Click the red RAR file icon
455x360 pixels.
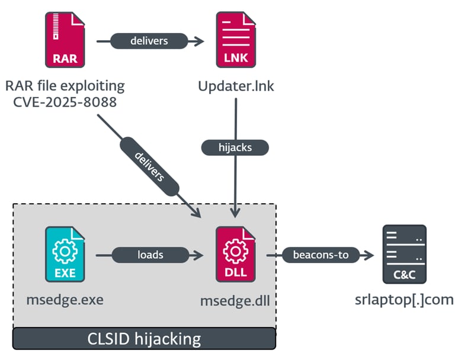click(x=65, y=40)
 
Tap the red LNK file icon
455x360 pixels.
click(x=236, y=40)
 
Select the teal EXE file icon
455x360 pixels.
click(x=65, y=254)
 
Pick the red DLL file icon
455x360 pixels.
click(x=236, y=254)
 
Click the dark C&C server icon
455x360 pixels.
click(x=405, y=254)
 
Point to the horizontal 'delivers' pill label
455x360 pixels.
click(x=149, y=41)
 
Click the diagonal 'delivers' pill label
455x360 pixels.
click(x=149, y=166)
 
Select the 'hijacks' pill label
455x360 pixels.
click(x=235, y=147)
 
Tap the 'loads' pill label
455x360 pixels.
click(x=150, y=255)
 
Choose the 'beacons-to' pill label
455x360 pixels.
click(x=321, y=255)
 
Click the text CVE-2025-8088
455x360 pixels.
click(x=65, y=102)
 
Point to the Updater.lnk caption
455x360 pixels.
click(x=236, y=86)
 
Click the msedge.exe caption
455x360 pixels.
click(x=65, y=300)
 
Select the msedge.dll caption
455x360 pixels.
click(x=235, y=301)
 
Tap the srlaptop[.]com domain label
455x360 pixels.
click(x=404, y=300)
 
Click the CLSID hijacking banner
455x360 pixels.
click(x=144, y=339)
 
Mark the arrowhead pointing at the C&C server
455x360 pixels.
click(x=369, y=255)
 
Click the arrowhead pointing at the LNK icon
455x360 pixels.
click(x=198, y=41)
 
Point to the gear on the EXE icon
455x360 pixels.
click(x=65, y=251)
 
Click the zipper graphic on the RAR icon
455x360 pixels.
click(x=56, y=26)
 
